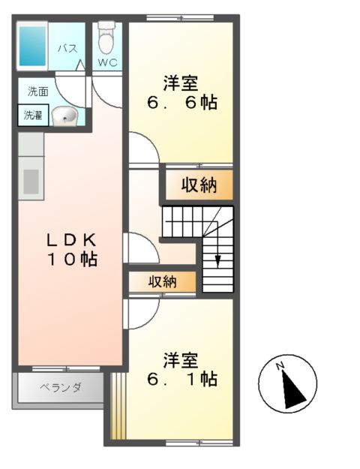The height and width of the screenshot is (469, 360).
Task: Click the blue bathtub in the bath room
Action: coord(32,46)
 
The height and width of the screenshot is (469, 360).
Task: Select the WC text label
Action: coord(108,63)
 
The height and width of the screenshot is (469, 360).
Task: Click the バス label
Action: coord(67,49)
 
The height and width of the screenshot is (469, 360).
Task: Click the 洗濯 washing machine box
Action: coord(32,116)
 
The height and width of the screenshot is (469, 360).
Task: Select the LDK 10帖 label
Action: coord(71,250)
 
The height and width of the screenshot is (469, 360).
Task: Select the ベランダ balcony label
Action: coord(60,389)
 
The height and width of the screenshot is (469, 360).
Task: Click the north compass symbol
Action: coord(289,383)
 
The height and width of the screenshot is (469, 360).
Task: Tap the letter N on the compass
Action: coord(279,366)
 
